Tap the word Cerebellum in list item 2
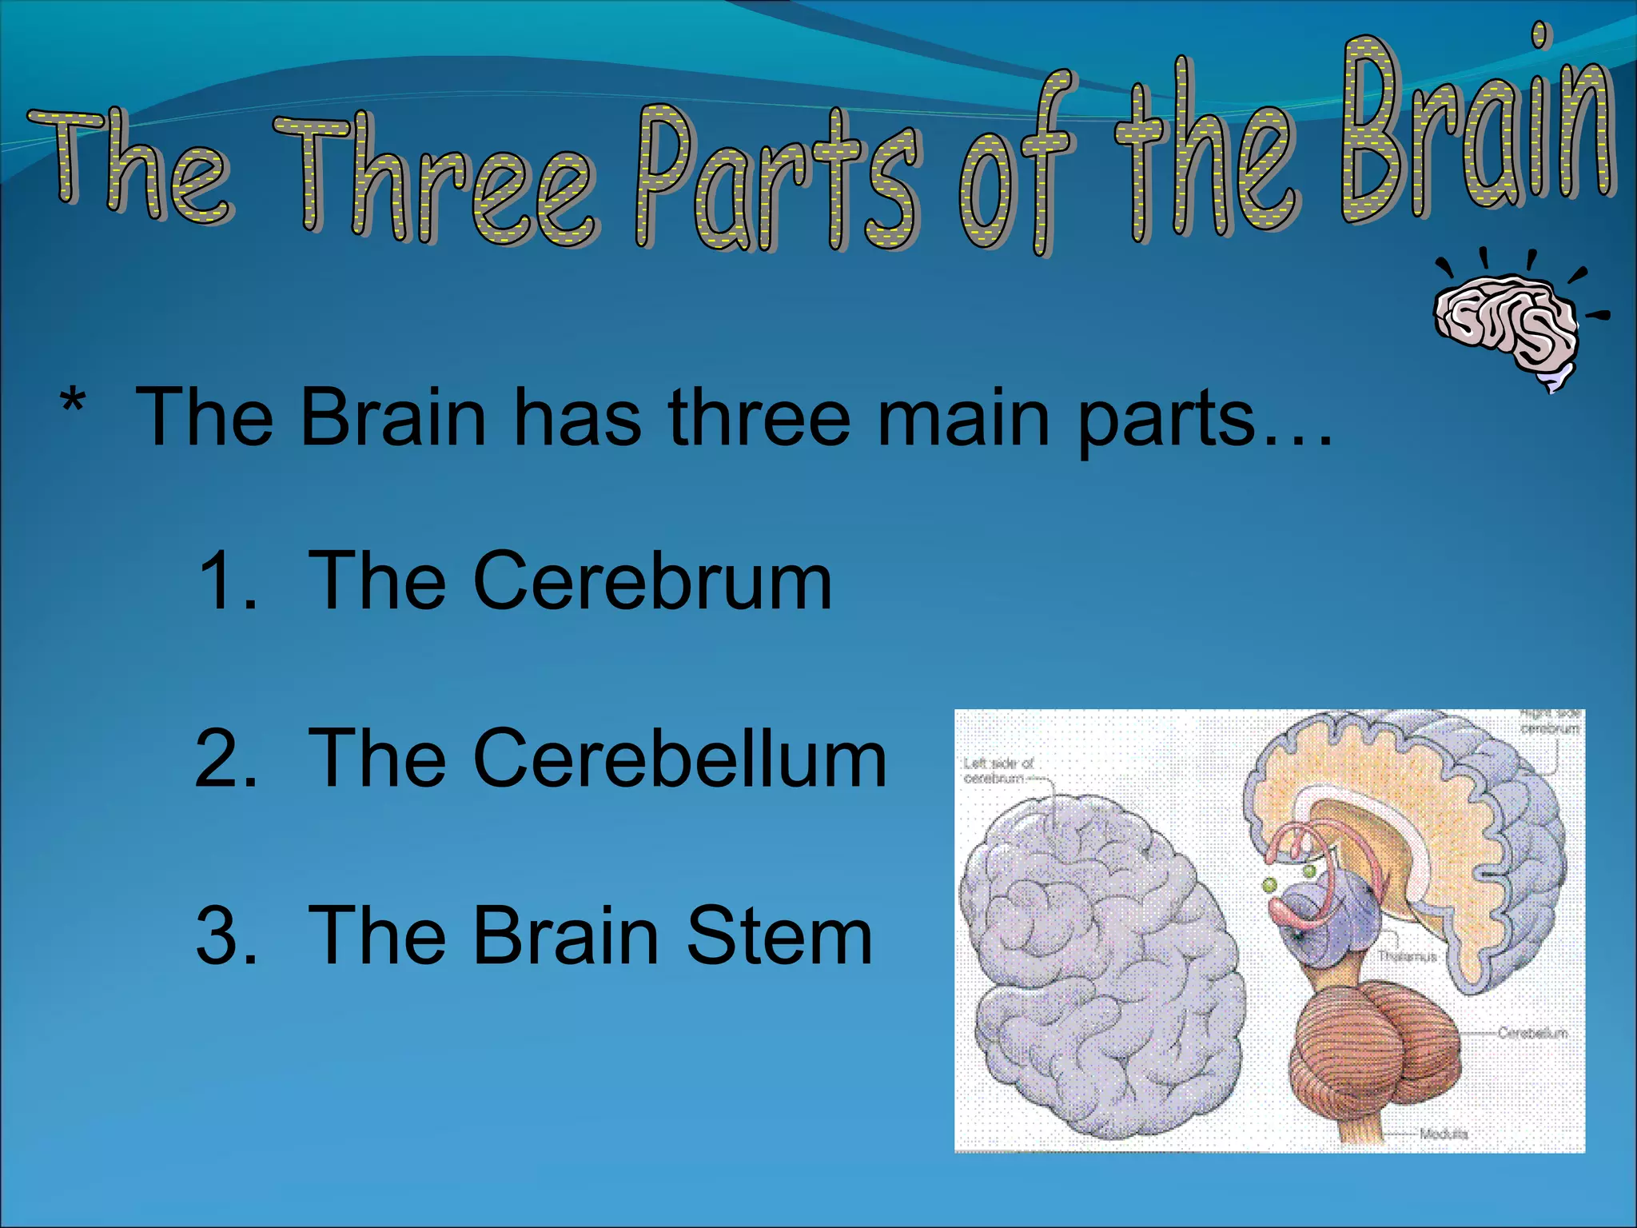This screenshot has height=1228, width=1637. [x=679, y=759]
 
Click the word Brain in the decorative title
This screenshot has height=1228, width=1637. [x=1479, y=128]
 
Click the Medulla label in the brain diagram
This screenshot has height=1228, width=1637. [x=1443, y=1134]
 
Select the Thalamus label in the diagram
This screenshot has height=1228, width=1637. [x=1407, y=956]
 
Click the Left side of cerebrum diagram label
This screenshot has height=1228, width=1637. [x=998, y=770]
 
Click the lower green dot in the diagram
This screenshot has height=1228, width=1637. [x=1269, y=885]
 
